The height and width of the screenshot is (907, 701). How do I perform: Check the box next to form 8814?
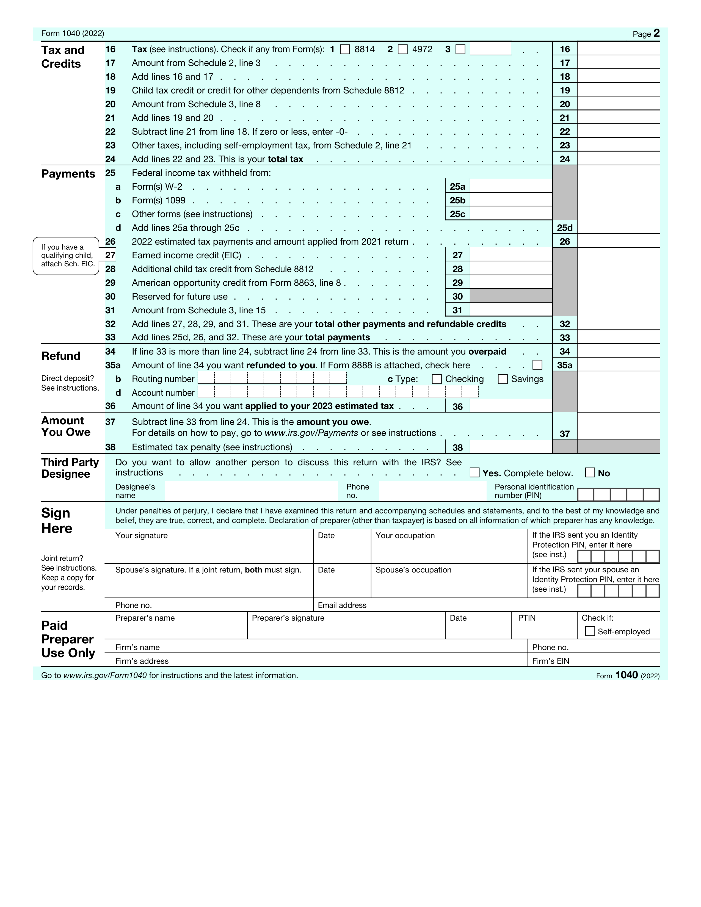click(x=345, y=49)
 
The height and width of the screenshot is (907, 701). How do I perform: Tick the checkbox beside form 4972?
click(x=402, y=49)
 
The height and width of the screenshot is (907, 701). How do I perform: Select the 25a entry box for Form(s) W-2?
click(x=511, y=186)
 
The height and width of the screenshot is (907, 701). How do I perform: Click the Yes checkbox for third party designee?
click(x=474, y=473)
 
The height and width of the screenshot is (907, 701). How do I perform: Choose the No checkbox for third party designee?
click(x=590, y=473)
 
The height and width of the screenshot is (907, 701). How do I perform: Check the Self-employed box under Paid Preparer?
click(x=590, y=631)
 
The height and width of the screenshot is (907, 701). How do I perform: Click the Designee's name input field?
click(x=251, y=491)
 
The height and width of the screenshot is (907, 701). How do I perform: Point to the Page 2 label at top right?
click(x=646, y=34)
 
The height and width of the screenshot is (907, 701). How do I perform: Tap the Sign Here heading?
click(x=56, y=520)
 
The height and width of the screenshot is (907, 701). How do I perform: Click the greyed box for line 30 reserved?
click(x=511, y=296)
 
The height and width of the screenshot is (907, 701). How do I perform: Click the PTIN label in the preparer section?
click(x=527, y=618)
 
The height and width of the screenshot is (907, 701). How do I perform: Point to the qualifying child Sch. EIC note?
click(x=67, y=255)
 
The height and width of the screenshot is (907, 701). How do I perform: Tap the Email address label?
click(x=342, y=605)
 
